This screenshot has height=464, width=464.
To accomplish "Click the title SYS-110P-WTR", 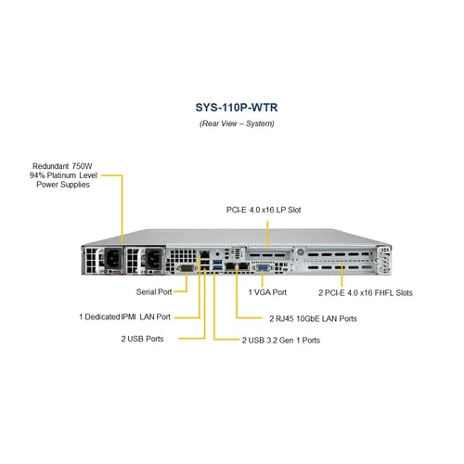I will point(232,107).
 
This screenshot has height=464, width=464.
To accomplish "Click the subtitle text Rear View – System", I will point(232,122).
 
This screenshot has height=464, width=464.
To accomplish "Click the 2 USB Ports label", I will point(141,339).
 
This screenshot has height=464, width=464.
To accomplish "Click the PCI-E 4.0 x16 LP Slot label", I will point(264,210).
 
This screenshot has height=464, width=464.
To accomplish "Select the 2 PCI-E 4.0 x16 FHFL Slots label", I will point(366,291).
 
